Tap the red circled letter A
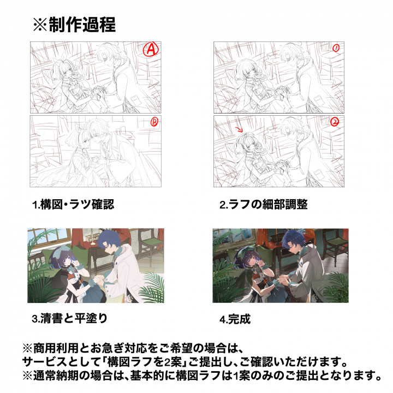(151, 49)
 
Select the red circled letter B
(154, 122)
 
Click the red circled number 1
(336, 48)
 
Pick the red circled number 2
(335, 122)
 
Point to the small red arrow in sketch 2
(239, 129)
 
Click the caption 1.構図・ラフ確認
(73, 204)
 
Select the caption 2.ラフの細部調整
(264, 204)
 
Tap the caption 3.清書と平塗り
(70, 318)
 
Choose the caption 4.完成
(235, 319)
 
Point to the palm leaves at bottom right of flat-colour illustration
(152, 288)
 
